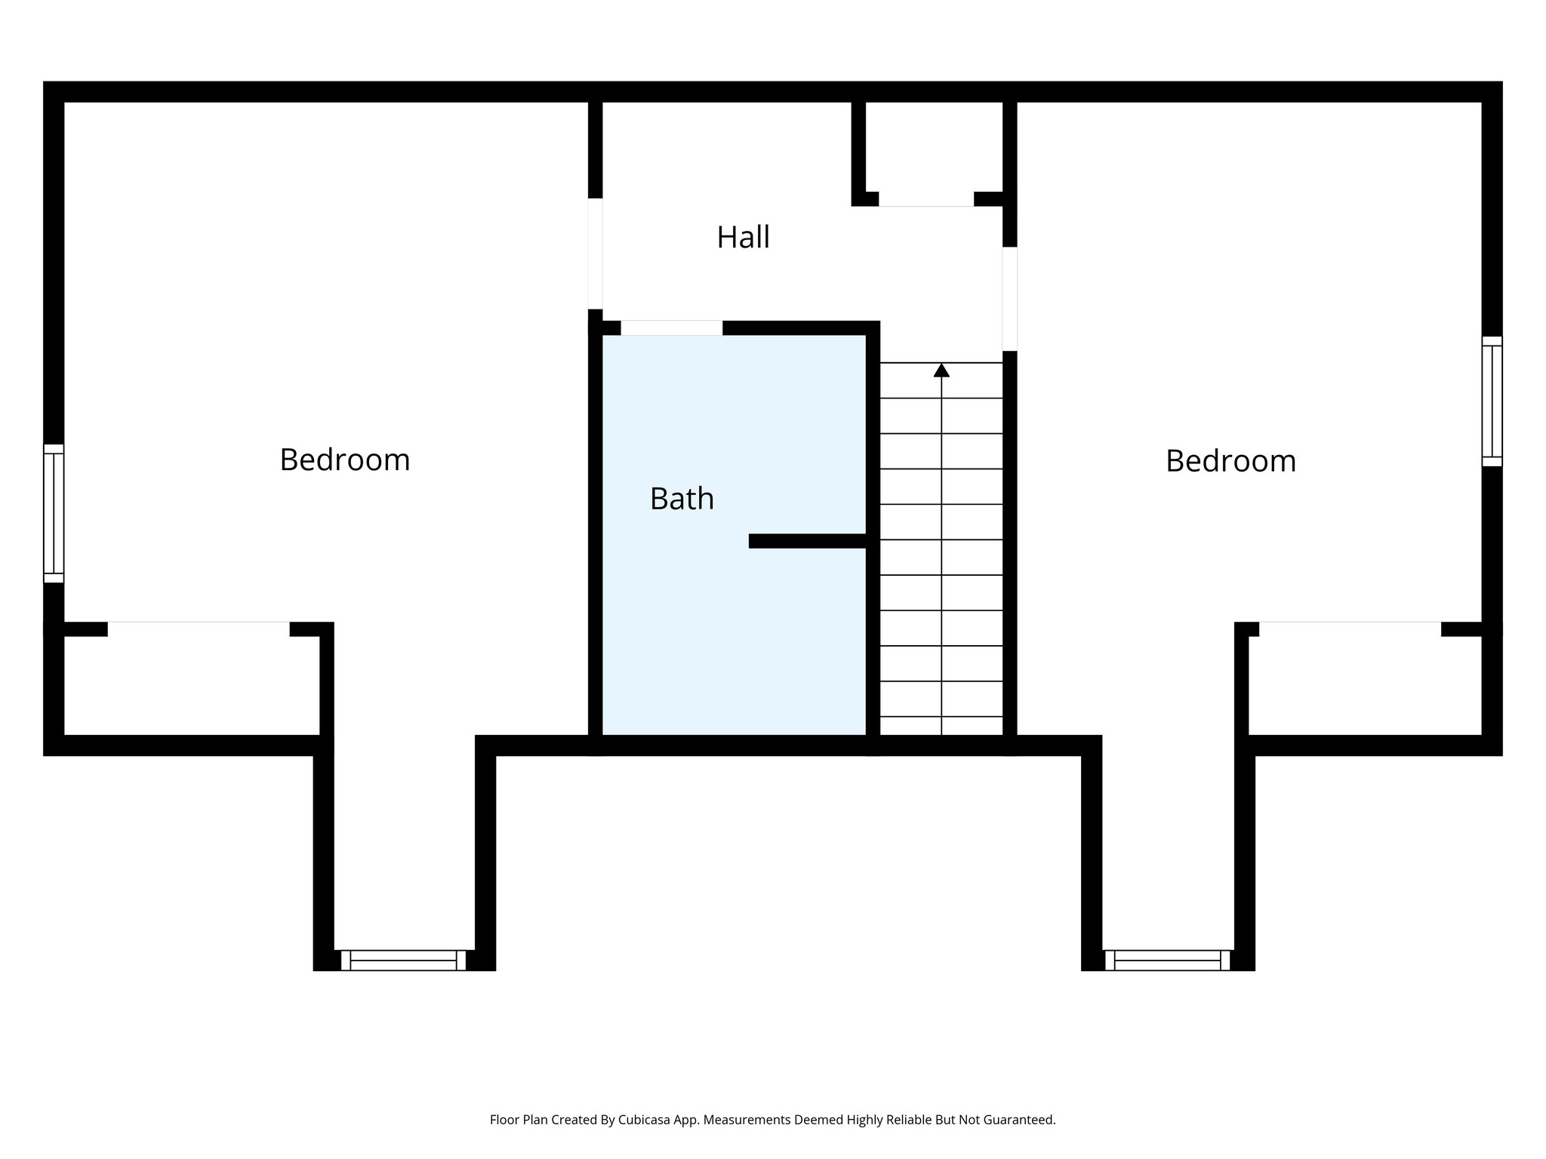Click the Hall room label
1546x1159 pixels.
click(743, 238)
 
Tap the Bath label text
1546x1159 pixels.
click(682, 499)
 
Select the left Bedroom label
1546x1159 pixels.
click(344, 460)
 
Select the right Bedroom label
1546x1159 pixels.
click(1230, 461)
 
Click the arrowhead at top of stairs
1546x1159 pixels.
click(941, 370)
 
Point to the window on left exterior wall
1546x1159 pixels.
click(54, 513)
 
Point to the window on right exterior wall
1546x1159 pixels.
click(1492, 401)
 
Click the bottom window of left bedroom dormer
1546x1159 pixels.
click(403, 960)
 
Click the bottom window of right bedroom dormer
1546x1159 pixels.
click(1167, 960)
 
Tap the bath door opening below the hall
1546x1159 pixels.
click(671, 328)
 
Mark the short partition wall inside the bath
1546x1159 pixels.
click(807, 541)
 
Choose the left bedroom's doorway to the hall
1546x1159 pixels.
click(596, 254)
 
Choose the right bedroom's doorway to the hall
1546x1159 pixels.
click(1009, 299)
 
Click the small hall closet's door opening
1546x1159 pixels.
click(926, 200)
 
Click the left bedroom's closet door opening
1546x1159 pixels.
click(199, 629)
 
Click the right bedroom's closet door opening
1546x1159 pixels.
click(1350, 629)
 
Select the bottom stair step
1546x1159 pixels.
click(941, 726)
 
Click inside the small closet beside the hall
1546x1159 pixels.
click(934, 147)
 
